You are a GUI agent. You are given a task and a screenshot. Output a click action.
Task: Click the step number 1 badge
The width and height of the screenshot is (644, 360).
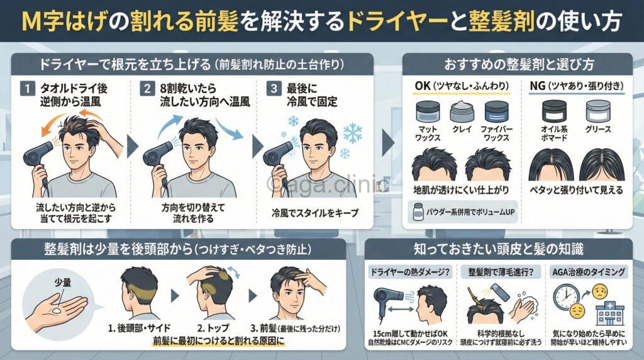click(28, 88)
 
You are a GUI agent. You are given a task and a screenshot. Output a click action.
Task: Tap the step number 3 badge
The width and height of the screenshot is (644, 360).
click(274, 88)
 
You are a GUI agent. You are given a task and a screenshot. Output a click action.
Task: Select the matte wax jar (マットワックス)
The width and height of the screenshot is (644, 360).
click(428, 112)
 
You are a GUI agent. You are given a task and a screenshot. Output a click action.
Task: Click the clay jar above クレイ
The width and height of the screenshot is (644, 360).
click(462, 112)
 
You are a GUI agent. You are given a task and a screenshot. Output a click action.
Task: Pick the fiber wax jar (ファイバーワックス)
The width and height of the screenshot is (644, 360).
click(497, 112)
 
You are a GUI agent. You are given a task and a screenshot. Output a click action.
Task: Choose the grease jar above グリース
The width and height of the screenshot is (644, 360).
click(598, 111)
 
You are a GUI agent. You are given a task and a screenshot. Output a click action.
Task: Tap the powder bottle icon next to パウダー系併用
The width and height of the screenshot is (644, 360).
click(418, 211)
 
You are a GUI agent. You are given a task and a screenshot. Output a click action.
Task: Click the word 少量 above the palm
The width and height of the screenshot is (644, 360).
click(63, 282)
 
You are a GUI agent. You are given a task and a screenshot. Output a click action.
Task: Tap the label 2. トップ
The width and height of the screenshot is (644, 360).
click(213, 329)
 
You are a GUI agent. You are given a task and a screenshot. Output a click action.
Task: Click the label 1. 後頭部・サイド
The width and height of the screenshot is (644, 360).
click(139, 329)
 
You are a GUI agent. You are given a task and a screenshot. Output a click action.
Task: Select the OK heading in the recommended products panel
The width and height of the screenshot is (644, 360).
click(423, 86)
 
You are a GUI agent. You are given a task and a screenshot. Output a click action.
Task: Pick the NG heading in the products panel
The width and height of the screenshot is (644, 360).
click(538, 86)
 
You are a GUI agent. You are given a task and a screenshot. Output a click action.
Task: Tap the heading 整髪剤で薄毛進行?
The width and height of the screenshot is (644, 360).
click(501, 272)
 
